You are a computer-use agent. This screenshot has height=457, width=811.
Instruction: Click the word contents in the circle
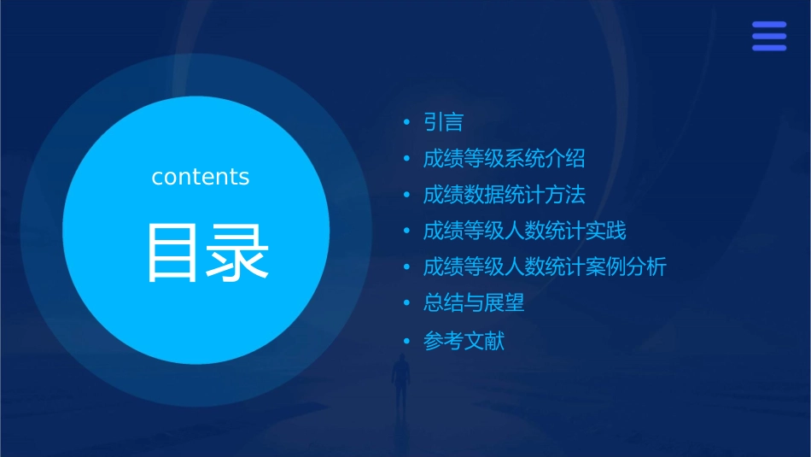pyautogui.click(x=201, y=177)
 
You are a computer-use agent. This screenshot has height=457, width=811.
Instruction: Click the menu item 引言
pyautogui.click(x=443, y=123)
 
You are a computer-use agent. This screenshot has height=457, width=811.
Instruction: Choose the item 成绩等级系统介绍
pyautogui.click(x=504, y=159)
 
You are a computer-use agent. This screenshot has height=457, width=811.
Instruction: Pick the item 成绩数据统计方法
pyautogui.click(x=504, y=195)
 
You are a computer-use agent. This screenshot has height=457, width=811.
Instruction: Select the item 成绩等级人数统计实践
pyautogui.click(x=524, y=231)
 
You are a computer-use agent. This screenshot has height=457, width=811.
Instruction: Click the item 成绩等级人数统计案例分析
pyautogui.click(x=545, y=267)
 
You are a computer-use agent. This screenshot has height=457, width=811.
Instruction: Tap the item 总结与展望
pyautogui.click(x=474, y=302)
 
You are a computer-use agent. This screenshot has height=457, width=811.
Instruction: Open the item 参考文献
pyautogui.click(x=464, y=341)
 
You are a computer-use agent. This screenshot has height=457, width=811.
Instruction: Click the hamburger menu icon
pyautogui.click(x=769, y=36)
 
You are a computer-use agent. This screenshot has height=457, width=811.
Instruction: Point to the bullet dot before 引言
pyautogui.click(x=407, y=123)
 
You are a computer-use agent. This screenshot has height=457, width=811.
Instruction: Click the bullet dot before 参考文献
pyautogui.click(x=407, y=341)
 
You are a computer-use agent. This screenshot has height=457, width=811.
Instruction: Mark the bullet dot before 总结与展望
pyautogui.click(x=407, y=302)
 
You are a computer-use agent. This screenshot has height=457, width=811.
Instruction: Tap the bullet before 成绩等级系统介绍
pyautogui.click(x=407, y=159)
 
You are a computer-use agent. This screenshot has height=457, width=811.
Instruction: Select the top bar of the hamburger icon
pyautogui.click(x=769, y=25)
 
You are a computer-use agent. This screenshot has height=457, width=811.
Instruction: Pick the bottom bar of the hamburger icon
pyautogui.click(x=769, y=48)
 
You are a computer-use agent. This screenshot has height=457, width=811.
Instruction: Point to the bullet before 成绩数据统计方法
pyautogui.click(x=407, y=195)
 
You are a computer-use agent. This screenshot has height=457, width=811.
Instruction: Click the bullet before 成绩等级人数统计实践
pyautogui.click(x=407, y=231)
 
